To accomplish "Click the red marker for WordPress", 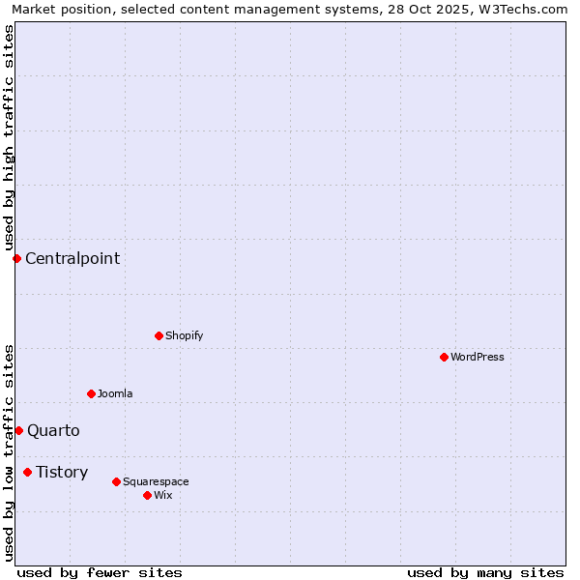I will point(444,357).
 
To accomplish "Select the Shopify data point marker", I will point(159,335).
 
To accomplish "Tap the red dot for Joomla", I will point(91,393).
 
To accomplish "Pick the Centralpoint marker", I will point(16,258).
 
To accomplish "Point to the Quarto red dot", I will point(18,430).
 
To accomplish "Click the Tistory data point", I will point(27,472).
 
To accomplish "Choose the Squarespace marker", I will point(116,481).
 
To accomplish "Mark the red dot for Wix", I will point(147,495).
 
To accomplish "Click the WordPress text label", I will point(478,357).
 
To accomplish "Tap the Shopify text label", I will point(185,335).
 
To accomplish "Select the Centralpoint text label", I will point(72,258).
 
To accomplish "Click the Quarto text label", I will point(53,430).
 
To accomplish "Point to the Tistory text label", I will point(62,472).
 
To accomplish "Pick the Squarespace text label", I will point(156,481).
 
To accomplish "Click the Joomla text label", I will point(115,393).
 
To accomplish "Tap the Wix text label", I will point(163,495).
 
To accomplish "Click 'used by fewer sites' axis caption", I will point(100,572).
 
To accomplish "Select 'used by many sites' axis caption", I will point(485,572).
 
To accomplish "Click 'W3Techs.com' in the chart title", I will point(527,10).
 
